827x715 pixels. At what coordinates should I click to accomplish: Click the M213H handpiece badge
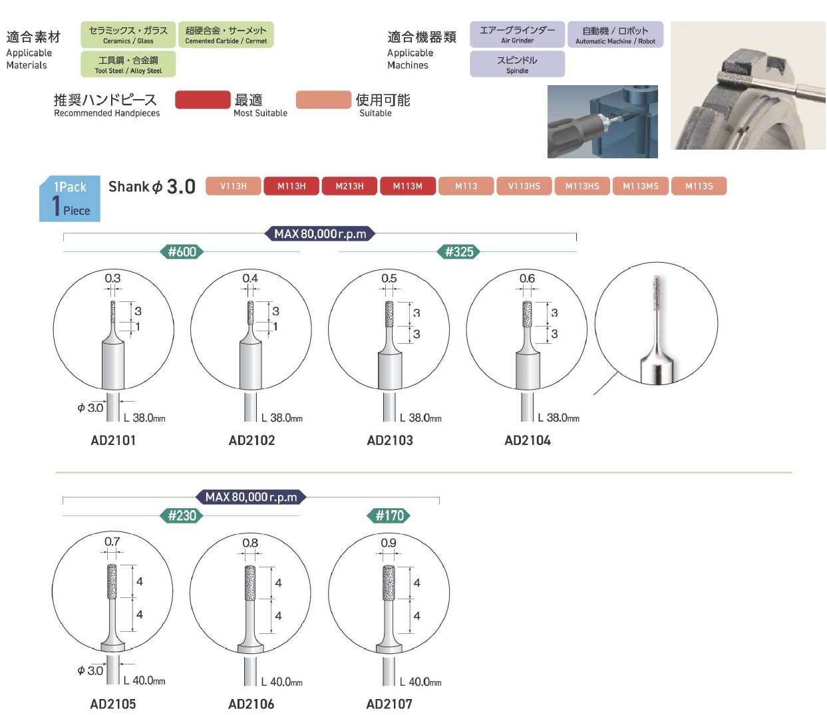point(349,186)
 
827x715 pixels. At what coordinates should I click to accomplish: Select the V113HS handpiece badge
point(524,186)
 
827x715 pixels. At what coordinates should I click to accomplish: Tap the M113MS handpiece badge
point(640,186)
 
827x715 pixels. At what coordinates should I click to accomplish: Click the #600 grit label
point(182,252)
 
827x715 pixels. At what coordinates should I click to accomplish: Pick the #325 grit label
point(459,252)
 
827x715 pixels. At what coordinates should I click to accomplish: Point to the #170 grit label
point(389,515)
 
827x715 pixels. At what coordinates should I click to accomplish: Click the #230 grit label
point(182,515)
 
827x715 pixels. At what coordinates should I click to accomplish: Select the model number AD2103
point(390,440)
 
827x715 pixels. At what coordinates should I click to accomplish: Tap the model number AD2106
point(251,704)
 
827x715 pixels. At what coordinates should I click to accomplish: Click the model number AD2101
point(113,440)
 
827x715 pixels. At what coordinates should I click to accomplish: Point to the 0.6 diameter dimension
point(527,279)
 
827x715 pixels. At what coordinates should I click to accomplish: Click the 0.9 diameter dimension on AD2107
point(389,543)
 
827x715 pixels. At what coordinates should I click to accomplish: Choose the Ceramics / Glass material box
point(128,35)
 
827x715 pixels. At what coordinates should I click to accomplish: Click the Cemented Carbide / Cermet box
point(226,35)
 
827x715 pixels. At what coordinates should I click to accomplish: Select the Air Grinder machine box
point(517,35)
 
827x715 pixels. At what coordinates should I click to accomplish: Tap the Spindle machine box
point(517,64)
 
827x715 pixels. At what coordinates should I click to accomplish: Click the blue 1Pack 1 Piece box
point(70,198)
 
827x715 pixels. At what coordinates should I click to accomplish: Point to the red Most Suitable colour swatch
point(202,100)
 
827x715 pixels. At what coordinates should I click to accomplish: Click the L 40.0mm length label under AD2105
point(144,680)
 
